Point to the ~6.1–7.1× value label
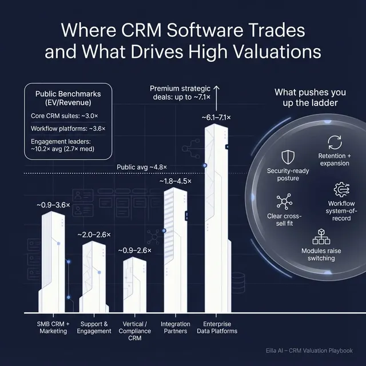[216, 117]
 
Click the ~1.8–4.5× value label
[175, 181]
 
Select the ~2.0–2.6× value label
[95, 234]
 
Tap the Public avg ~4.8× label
[142, 167]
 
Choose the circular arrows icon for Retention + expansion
[334, 142]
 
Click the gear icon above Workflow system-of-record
[341, 189]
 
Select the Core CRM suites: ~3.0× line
[63, 116]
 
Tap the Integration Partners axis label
[176, 328]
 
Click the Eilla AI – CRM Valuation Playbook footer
[316, 351]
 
